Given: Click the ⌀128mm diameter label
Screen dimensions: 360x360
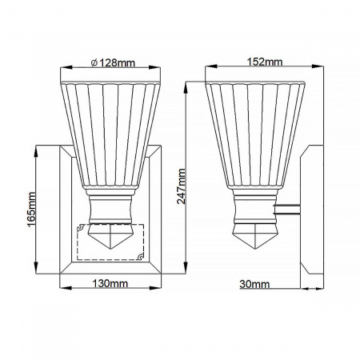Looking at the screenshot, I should click(x=114, y=63).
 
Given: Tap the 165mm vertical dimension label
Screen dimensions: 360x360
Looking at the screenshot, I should click(x=30, y=210).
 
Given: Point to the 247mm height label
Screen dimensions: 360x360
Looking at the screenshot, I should click(x=182, y=186).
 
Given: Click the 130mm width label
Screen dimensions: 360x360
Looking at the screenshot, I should click(x=110, y=283).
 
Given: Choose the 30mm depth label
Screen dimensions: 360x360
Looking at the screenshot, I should click(x=255, y=283).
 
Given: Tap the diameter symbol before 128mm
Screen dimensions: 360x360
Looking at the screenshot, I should click(x=94, y=63).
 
